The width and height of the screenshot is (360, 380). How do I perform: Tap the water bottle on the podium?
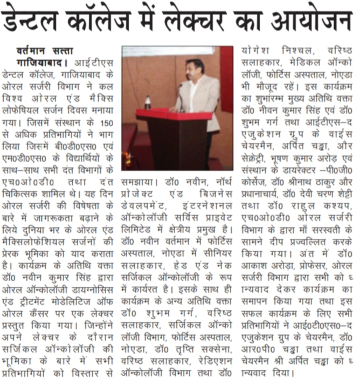click(x=148, y=102)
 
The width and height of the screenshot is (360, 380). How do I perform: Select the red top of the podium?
click(x=173, y=114)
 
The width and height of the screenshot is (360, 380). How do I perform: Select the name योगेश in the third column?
click(x=258, y=50)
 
